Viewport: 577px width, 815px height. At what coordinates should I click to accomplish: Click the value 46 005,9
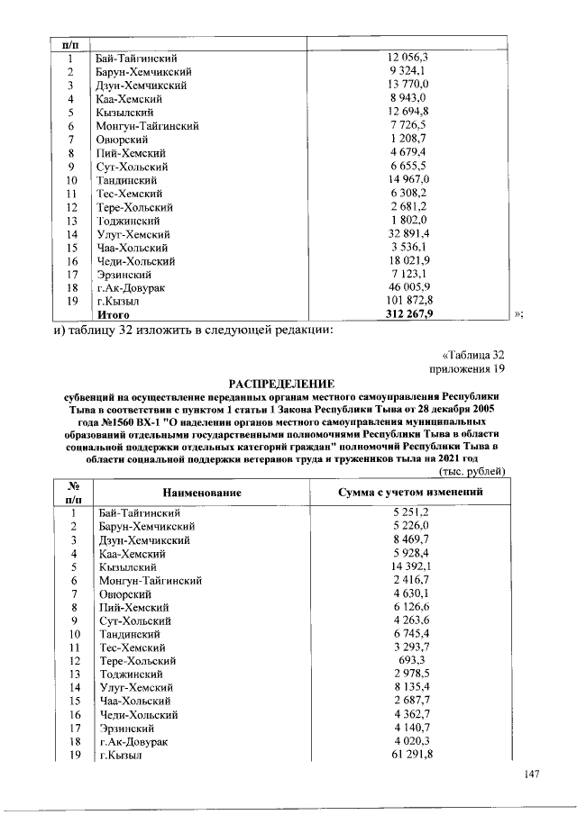click(411, 287)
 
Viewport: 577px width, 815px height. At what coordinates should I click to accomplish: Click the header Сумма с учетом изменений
click(410, 493)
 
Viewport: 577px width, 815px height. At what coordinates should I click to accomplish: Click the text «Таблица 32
click(478, 355)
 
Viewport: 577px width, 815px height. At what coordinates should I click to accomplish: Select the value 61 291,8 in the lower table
click(411, 755)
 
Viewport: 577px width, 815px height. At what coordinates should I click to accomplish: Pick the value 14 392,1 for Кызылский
click(411, 566)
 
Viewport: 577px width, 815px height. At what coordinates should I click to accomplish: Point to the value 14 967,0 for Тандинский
click(411, 180)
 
